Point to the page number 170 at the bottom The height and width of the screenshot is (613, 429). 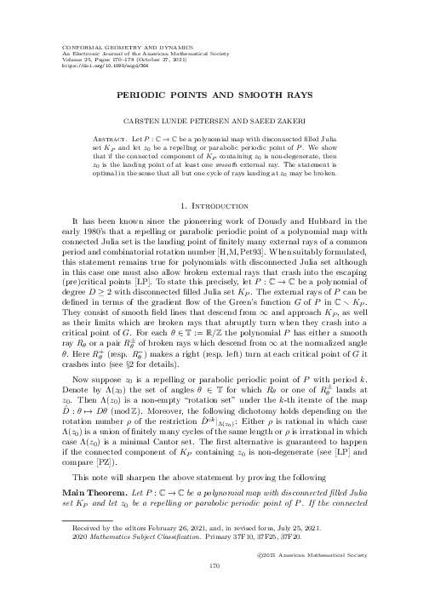pos(214,587)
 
